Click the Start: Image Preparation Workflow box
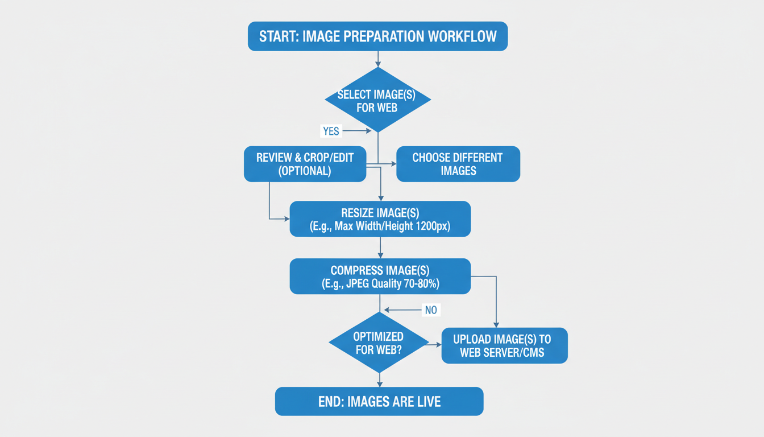[377, 37]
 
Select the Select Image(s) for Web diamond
[377, 100]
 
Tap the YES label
[331, 131]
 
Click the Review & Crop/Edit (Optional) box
[305, 164]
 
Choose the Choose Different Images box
[458, 164]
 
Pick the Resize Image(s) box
[380, 219]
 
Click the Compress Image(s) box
[380, 277]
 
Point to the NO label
[431, 311]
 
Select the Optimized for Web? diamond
[379, 343]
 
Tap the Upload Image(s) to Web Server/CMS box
[504, 345]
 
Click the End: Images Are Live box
[379, 402]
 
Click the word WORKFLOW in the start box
[462, 37]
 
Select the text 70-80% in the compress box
[420, 283]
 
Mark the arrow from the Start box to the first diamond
[377, 59]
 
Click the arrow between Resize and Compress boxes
[380, 248]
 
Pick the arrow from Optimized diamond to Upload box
[435, 345]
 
